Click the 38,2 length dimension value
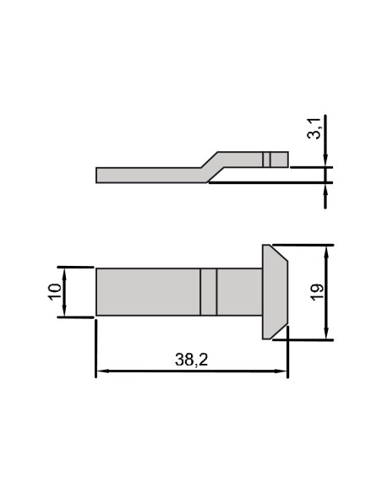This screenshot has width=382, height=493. (x=191, y=360)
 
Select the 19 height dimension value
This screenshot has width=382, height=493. (x=316, y=293)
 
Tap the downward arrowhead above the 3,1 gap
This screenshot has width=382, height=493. (x=326, y=161)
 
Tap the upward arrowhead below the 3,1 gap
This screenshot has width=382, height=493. (x=326, y=187)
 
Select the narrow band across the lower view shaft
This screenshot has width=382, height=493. (x=209, y=292)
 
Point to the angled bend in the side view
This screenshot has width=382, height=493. (x=210, y=165)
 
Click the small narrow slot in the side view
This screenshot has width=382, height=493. (x=266, y=159)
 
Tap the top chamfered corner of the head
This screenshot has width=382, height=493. (x=279, y=253)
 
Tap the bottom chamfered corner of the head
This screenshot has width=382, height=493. (x=279, y=331)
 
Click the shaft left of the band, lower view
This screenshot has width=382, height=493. (x=148, y=292)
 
